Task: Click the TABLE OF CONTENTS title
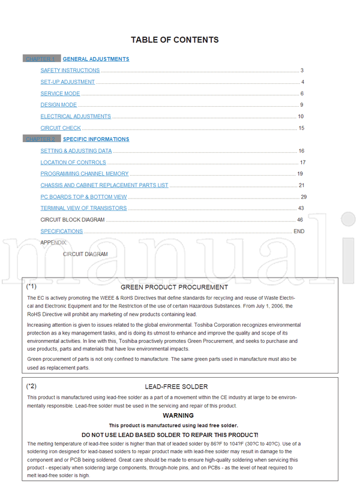tap(175, 40)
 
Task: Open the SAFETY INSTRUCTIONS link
tap(70, 71)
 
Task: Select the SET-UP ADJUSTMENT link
tap(68, 82)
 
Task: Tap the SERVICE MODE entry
tap(60, 94)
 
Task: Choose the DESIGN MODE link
tap(59, 105)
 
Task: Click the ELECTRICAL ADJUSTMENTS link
tap(76, 116)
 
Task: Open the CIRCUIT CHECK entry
tap(61, 128)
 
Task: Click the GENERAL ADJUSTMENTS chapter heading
tap(96, 59)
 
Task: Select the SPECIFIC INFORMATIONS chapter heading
tap(96, 139)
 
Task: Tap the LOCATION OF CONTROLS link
tap(73, 162)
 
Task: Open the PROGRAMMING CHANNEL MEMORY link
tap(85, 174)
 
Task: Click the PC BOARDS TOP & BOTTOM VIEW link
tap(83, 197)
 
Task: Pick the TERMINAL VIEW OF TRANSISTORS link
tap(83, 208)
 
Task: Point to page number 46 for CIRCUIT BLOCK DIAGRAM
tap(300, 220)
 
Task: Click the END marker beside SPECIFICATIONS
tap(299, 231)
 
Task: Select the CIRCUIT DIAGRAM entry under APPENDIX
tap(85, 254)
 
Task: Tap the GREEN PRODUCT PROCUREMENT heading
tap(178, 287)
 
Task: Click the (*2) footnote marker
tap(32, 386)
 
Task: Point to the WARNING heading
tap(178, 415)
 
